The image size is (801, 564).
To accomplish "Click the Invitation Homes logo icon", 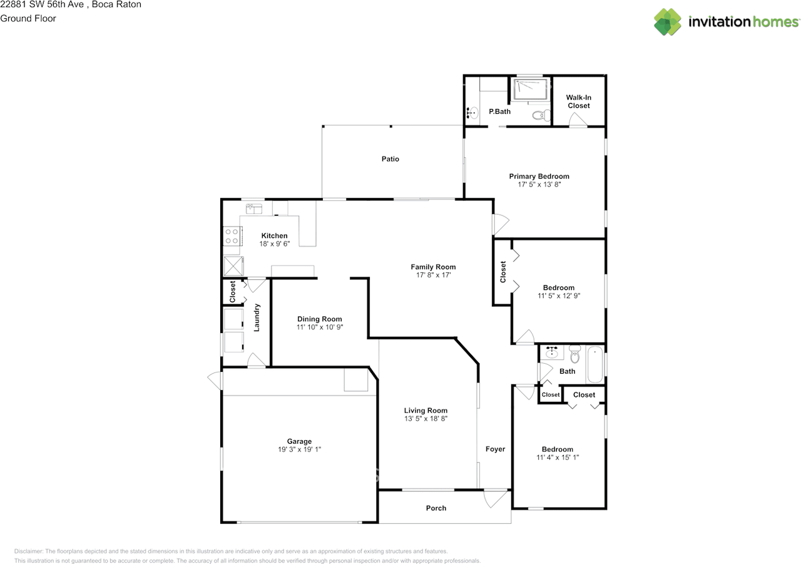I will [x=668, y=22].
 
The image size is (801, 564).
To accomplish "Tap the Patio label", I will [x=390, y=159].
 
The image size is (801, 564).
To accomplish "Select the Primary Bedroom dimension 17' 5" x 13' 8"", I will [x=539, y=185].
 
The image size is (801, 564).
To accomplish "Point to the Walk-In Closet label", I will [x=578, y=101].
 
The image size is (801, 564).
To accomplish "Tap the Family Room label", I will [x=433, y=267].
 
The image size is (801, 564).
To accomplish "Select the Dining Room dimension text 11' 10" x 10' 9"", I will [x=319, y=327].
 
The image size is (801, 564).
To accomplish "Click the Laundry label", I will [x=257, y=317].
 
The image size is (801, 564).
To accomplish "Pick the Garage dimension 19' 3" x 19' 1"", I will [x=299, y=449].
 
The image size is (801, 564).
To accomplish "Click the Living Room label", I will [x=426, y=411].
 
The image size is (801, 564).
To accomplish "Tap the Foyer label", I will [x=495, y=449].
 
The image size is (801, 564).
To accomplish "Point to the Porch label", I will [x=436, y=508].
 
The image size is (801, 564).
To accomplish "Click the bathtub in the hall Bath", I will [x=594, y=364].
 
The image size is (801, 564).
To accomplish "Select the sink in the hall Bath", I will [x=552, y=353].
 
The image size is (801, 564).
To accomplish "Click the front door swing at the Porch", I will [x=496, y=498].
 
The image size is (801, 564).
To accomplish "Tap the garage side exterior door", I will [x=215, y=380].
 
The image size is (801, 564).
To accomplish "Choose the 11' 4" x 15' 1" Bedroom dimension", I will [x=557, y=457].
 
